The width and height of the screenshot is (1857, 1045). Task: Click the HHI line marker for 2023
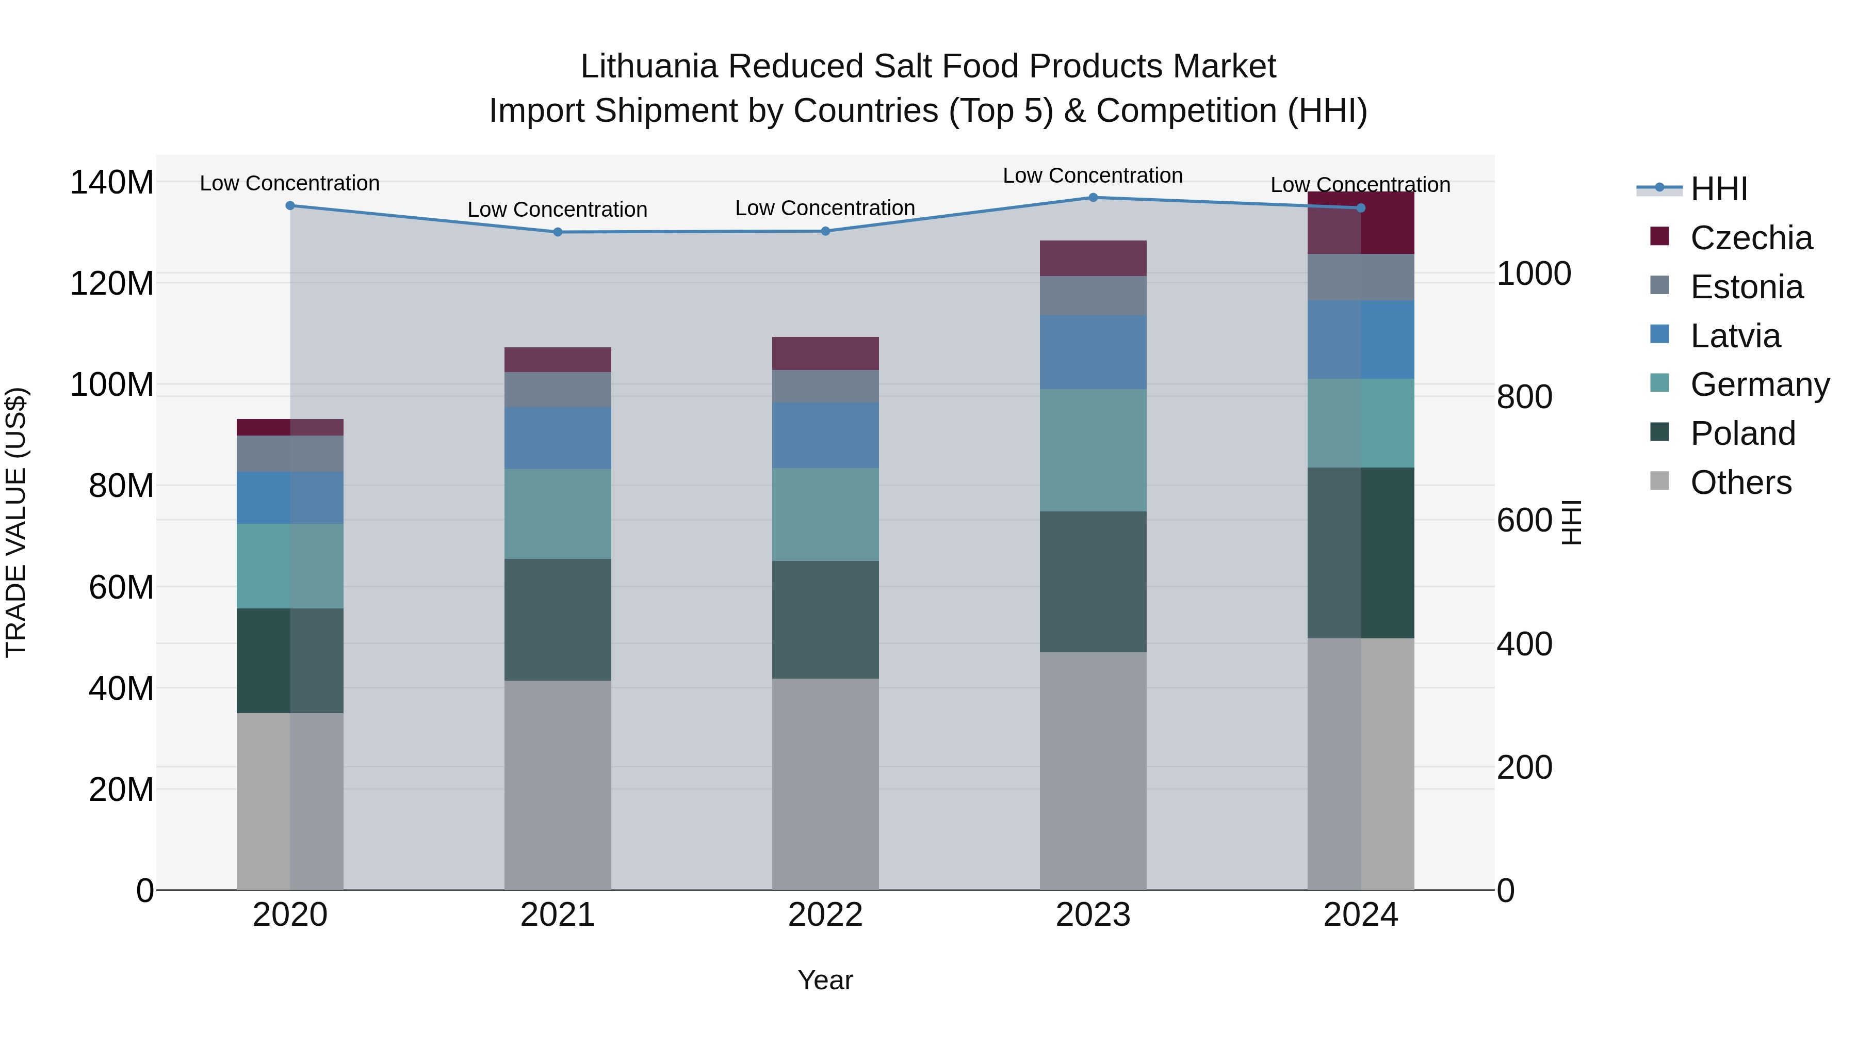click(x=1093, y=198)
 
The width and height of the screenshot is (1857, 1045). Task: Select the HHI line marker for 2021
click(x=557, y=232)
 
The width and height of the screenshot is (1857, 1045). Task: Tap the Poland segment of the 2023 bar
click(x=1093, y=582)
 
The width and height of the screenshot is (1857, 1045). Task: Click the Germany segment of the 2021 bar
click(x=557, y=514)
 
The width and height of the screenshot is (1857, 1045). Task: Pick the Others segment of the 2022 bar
click(x=825, y=784)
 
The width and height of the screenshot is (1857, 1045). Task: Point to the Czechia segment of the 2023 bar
click(x=1093, y=258)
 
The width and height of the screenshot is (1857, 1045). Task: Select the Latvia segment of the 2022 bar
click(x=825, y=436)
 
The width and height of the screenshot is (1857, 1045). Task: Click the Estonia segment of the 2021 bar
click(x=557, y=390)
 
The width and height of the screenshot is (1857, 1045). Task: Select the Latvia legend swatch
click(x=1659, y=334)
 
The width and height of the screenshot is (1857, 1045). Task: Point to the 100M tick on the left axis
click(x=112, y=384)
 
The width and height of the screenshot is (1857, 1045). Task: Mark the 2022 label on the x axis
click(x=825, y=915)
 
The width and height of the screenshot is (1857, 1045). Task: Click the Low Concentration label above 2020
click(x=290, y=183)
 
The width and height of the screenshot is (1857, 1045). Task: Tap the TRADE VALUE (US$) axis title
click(x=16, y=522)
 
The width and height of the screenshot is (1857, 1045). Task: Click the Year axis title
click(x=825, y=980)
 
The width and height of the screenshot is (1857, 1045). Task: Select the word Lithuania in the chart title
click(x=649, y=67)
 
